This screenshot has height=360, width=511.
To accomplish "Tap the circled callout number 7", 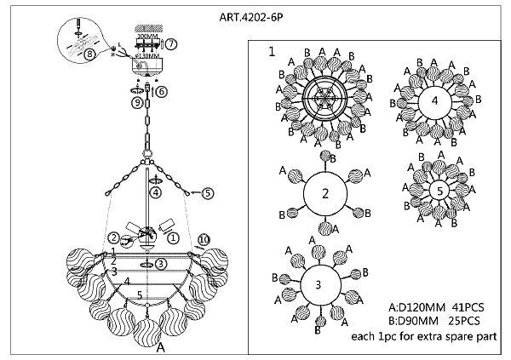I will coord(170,43).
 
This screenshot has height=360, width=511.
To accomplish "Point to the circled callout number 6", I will coord(161,90).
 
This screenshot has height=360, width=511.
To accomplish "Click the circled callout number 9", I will coord(135,104).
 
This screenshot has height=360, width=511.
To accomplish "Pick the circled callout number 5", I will coord(207,193).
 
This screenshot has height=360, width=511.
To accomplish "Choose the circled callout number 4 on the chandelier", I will coord(156,192).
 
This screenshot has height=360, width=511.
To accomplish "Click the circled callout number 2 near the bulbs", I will coord(113,237).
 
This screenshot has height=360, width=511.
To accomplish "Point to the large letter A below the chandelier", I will coord(159,348).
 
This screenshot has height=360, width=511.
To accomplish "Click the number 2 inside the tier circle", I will coord(324,193).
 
